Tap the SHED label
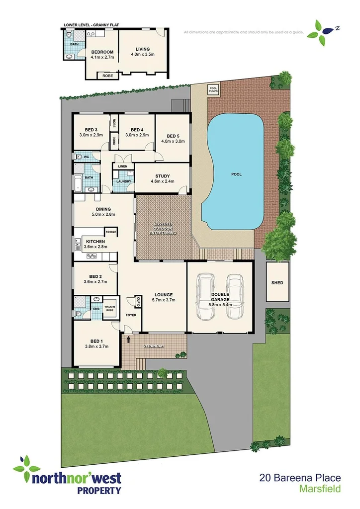coord(277,283)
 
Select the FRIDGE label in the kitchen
coord(111,232)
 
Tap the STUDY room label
coord(163,176)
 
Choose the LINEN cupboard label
coord(123,166)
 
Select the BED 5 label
coord(173,136)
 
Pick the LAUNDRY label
coord(123,181)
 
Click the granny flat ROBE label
coord(107,76)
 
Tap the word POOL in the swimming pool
coord(236,175)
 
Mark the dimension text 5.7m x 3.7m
coord(163,300)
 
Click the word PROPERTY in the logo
coord(98,490)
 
